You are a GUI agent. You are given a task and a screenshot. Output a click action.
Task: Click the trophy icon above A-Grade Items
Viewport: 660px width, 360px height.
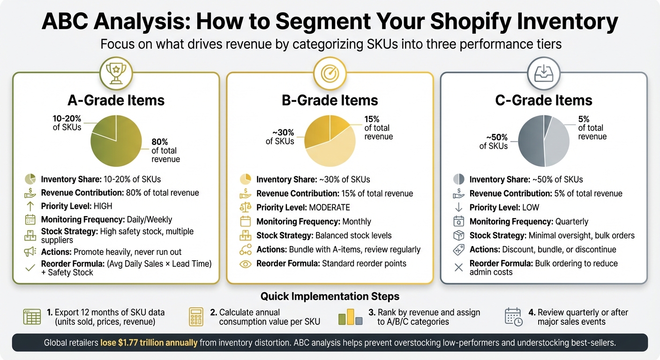click(116, 74)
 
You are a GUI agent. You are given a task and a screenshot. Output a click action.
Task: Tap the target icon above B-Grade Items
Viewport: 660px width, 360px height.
click(330, 74)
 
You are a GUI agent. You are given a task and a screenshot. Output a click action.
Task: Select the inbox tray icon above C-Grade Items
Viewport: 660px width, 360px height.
click(543, 74)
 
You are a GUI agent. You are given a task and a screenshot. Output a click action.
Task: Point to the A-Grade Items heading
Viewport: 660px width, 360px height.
click(116, 100)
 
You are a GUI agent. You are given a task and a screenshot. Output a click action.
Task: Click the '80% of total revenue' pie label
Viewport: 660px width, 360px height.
click(165, 150)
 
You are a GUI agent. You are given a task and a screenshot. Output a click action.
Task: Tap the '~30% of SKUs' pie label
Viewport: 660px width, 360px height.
click(280, 136)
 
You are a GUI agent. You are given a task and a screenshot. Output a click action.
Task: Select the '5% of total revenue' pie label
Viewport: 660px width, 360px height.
click(592, 128)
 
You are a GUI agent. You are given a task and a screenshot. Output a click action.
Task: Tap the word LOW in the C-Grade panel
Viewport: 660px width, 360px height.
click(530, 208)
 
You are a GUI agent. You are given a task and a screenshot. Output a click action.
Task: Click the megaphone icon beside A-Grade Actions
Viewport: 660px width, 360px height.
click(30, 252)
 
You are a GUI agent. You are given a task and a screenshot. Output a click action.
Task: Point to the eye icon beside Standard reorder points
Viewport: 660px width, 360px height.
click(245, 264)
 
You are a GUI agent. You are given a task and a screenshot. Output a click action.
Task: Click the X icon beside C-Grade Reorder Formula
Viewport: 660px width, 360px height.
click(459, 267)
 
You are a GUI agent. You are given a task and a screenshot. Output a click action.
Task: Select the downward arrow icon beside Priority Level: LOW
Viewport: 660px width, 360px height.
click(459, 208)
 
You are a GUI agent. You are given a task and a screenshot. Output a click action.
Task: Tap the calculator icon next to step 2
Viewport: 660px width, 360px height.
click(196, 317)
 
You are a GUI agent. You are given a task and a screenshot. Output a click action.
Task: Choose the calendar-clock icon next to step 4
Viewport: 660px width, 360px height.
click(514, 317)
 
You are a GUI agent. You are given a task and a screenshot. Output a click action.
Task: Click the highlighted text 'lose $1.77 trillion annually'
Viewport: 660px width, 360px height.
click(149, 343)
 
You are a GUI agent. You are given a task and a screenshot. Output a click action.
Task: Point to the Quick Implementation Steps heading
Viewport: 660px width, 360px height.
click(330, 296)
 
